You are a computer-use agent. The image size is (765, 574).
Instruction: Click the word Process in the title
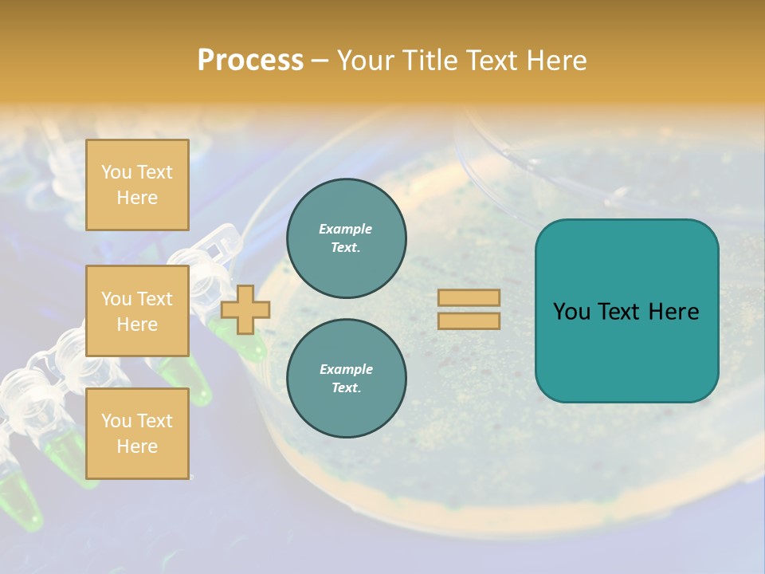250,61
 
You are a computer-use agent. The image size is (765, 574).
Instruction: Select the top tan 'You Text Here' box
137,185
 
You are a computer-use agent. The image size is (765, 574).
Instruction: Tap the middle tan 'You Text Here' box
137,311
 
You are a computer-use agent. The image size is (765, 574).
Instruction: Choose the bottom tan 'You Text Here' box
137,433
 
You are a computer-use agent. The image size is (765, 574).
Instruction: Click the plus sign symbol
245,309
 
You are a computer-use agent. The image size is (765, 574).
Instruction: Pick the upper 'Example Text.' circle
346,238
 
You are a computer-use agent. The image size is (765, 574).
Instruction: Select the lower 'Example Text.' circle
346,379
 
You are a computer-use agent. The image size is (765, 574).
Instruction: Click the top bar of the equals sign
469,298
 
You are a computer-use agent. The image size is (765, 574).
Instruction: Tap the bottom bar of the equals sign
469,321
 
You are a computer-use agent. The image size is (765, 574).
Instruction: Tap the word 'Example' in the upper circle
346,229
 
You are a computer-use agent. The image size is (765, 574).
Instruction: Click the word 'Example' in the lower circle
346,369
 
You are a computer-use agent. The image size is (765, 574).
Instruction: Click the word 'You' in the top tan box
116,172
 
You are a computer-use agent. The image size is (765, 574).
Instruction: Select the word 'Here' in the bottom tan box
137,446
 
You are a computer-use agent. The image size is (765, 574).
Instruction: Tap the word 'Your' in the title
363,61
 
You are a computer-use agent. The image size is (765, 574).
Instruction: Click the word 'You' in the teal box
571,312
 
